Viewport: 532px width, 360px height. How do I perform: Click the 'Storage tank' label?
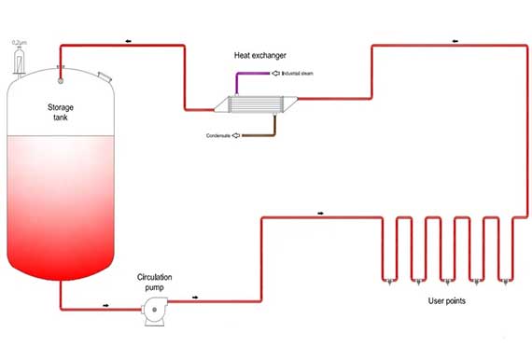coord(61,113)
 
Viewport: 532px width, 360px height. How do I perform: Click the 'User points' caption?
coord(446,301)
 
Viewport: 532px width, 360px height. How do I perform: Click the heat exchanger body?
coord(251,105)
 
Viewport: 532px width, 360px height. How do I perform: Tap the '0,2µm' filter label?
coord(18,42)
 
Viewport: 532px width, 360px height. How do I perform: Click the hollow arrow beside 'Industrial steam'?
coord(275,75)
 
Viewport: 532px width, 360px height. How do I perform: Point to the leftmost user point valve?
coord(388,278)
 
